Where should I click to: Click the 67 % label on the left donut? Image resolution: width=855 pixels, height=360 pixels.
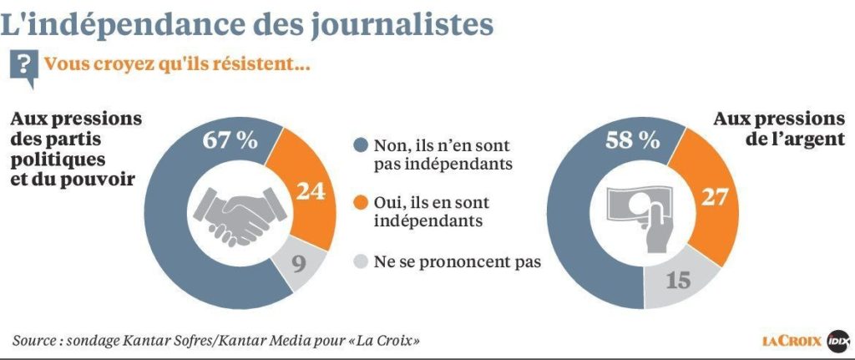pyautogui.click(x=230, y=140)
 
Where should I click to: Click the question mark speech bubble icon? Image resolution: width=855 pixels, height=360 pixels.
pyautogui.click(x=27, y=67)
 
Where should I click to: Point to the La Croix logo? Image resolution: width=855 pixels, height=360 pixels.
pyautogui.click(x=791, y=341)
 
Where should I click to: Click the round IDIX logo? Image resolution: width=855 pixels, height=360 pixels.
pyautogui.click(x=837, y=341)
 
